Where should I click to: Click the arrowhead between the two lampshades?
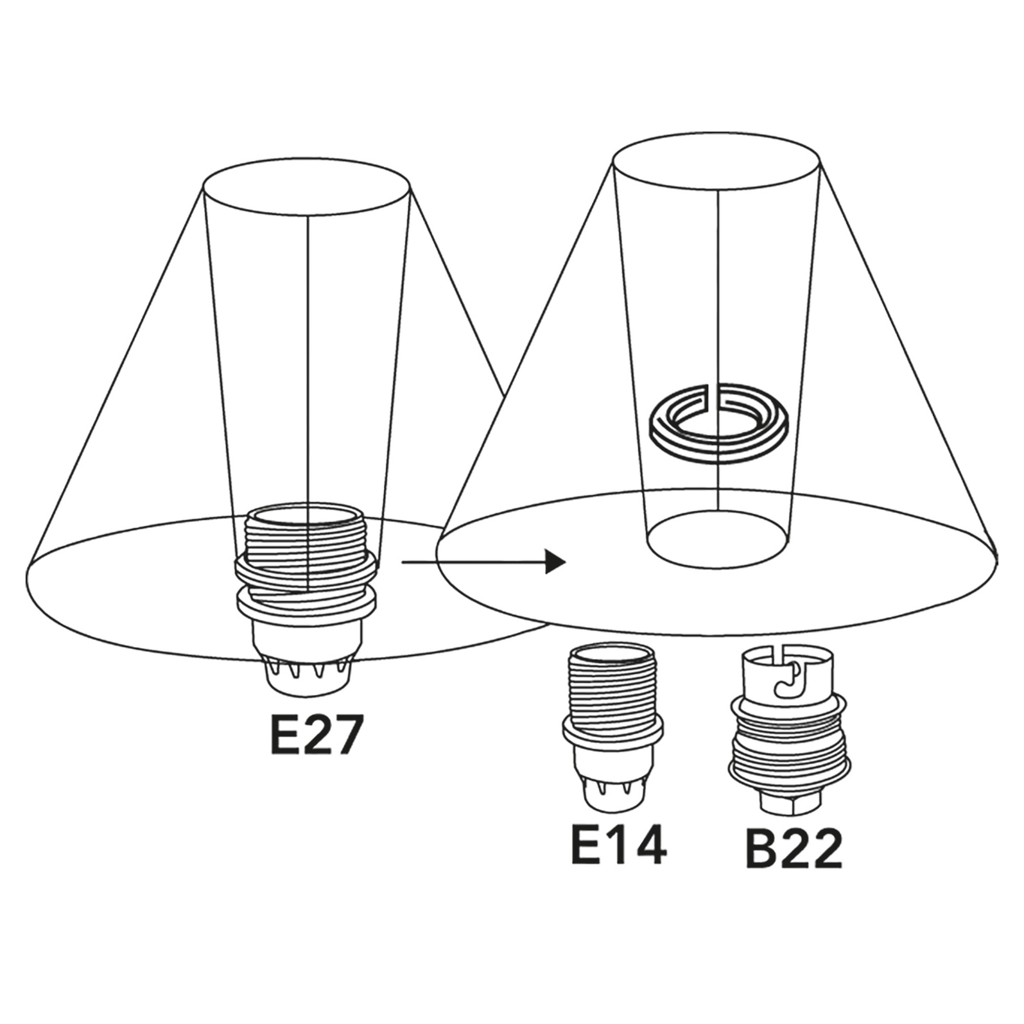click(x=555, y=562)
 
